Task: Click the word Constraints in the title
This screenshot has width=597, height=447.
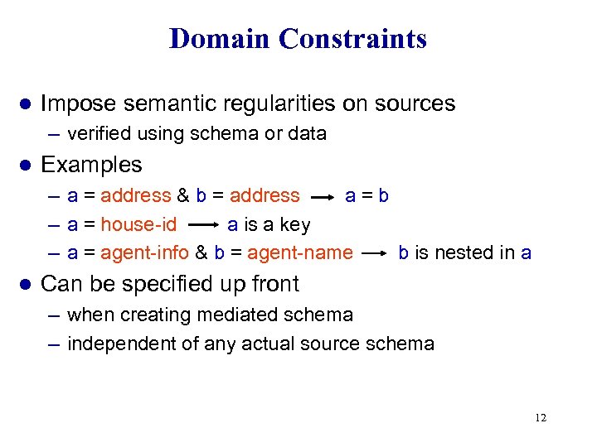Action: tap(352, 38)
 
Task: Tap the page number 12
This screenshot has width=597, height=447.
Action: tap(541, 418)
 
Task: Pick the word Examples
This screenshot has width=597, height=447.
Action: tap(91, 165)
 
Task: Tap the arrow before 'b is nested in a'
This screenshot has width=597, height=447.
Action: tap(375, 253)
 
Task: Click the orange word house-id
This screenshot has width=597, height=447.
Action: tap(138, 224)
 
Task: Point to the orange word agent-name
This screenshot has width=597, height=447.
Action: tap(300, 252)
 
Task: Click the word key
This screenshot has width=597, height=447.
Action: tap(295, 225)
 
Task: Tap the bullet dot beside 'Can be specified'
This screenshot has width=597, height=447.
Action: tap(25, 284)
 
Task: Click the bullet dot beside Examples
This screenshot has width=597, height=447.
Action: tap(25, 165)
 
